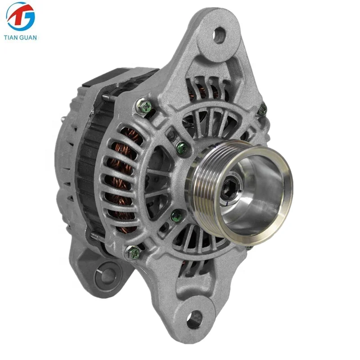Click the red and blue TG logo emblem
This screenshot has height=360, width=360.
(x=20, y=17)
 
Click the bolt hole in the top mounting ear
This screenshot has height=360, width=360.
(x=219, y=35)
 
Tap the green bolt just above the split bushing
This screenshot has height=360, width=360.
(x=134, y=252)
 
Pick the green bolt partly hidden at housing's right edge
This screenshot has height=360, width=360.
(x=262, y=109)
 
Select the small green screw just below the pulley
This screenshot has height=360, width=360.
(x=176, y=216)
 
